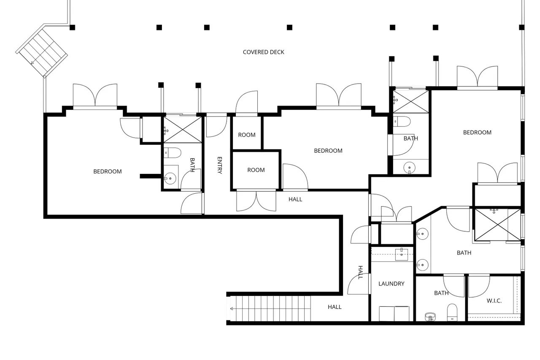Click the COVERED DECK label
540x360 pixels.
pyautogui.click(x=264, y=52)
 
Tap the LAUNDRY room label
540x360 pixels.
pyautogui.click(x=391, y=284)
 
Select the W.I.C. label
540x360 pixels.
pyautogui.click(x=494, y=300)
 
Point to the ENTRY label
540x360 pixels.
pyautogui.click(x=220, y=165)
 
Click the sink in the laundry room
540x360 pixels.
pyautogui.click(x=401, y=254)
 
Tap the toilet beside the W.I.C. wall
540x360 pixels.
pyautogui.click(x=452, y=312)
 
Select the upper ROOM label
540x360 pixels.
pyautogui.click(x=247, y=135)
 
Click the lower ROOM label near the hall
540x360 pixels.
pyautogui.click(x=256, y=170)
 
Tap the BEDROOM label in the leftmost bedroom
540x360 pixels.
pyautogui.click(x=107, y=171)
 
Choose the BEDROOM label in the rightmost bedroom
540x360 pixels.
pyautogui.click(x=477, y=133)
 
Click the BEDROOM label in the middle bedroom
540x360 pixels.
pyautogui.click(x=328, y=151)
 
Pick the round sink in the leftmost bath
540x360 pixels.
pyautogui.click(x=170, y=179)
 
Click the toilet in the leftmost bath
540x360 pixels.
pyautogui.click(x=173, y=153)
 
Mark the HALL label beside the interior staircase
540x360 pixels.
pyautogui.click(x=335, y=307)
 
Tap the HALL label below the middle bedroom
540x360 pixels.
pyautogui.click(x=295, y=199)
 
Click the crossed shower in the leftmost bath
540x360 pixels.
pyautogui.click(x=183, y=130)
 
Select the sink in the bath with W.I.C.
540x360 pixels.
pyautogui.click(x=430, y=317)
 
